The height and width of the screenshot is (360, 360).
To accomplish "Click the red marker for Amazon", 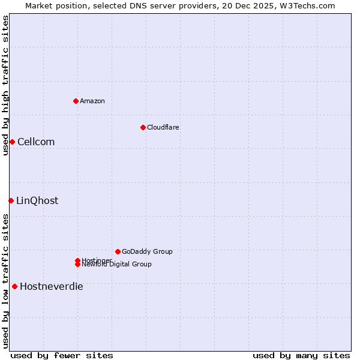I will point(76,101).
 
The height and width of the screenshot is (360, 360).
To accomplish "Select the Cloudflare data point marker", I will point(143,127).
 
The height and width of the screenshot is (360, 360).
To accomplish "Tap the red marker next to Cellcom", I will point(12,142).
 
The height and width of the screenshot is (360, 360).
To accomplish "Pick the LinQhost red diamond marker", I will point(11,200).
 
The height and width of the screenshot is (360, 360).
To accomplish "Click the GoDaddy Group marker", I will point(118,251).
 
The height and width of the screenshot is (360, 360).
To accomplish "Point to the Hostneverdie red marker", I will point(14,286).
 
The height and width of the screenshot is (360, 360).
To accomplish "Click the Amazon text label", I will point(92,101).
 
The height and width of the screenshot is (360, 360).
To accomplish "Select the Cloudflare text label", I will point(163,127).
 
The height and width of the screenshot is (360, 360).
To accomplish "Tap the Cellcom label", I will point(36,142).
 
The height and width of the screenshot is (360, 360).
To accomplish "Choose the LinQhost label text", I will point(37,201).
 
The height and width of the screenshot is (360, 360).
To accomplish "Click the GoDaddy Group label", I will point(147,251).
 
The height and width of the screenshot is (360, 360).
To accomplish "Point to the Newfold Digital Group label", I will point(117,265).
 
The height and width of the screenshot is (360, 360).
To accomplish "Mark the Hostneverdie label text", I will point(52,287).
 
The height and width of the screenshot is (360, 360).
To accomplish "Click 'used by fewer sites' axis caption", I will point(62,355).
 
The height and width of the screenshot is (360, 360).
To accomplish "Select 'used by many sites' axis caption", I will point(301,355).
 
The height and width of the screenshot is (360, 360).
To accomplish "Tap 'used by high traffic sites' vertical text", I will point(5,85).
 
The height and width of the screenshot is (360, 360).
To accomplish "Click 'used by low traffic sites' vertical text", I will point(5,281).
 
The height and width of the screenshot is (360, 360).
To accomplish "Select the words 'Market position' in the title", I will point(53,5).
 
